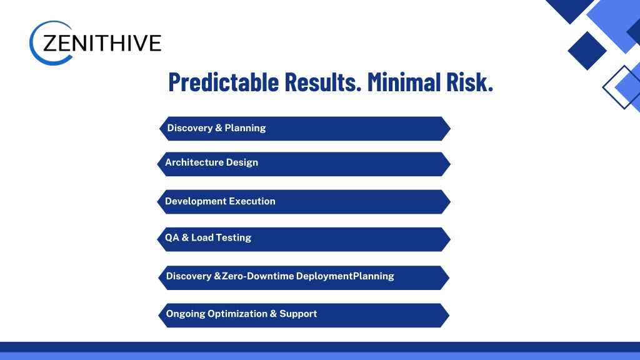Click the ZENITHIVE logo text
pyautogui.click(x=102, y=43)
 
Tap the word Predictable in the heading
pyautogui.click(x=224, y=82)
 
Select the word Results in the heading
pyautogui.click(x=323, y=82)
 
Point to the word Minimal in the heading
pyautogui.click(x=404, y=82)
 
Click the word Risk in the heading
pyautogui.click(x=469, y=82)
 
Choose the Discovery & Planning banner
pyautogui.click(x=305, y=129)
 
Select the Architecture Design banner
pyautogui.click(x=304, y=164)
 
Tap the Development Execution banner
pyautogui.click(x=304, y=202)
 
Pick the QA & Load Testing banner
pyautogui.click(x=304, y=239)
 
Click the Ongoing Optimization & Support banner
pyautogui.click(x=304, y=315)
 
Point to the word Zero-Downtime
pyautogui.click(x=258, y=276)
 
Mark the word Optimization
pyautogui.click(x=237, y=314)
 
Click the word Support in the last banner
pyautogui.click(x=298, y=314)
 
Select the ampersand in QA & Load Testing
pyautogui.click(x=185, y=237)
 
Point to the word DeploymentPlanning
pyautogui.click(x=345, y=276)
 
